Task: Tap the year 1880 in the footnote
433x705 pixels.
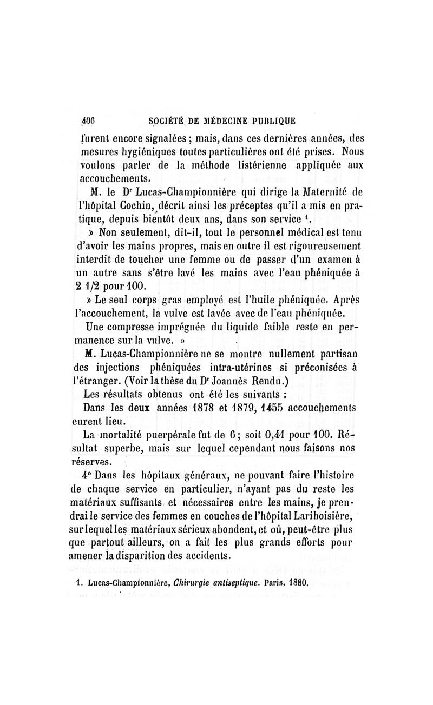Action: point(298,583)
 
